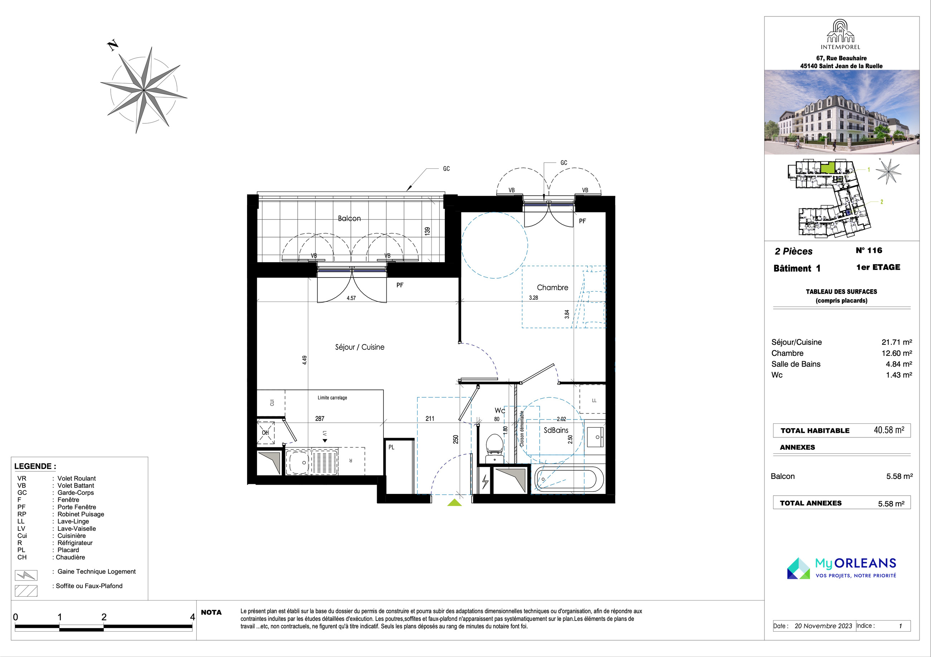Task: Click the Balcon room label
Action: pyautogui.click(x=349, y=218)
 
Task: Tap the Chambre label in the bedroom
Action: pyautogui.click(x=552, y=288)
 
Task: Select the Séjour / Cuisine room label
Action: pyautogui.click(x=360, y=347)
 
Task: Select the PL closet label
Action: pyautogui.click(x=391, y=447)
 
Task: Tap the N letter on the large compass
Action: pyautogui.click(x=113, y=45)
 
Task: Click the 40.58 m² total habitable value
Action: pyautogui.click(x=889, y=430)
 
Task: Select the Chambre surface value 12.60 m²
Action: pyautogui.click(x=897, y=353)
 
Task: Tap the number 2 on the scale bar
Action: pyautogui.click(x=104, y=617)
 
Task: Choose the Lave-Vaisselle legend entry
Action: pyautogui.click(x=77, y=529)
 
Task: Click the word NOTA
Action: pyautogui.click(x=211, y=612)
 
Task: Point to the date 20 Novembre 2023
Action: pyautogui.click(x=823, y=626)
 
